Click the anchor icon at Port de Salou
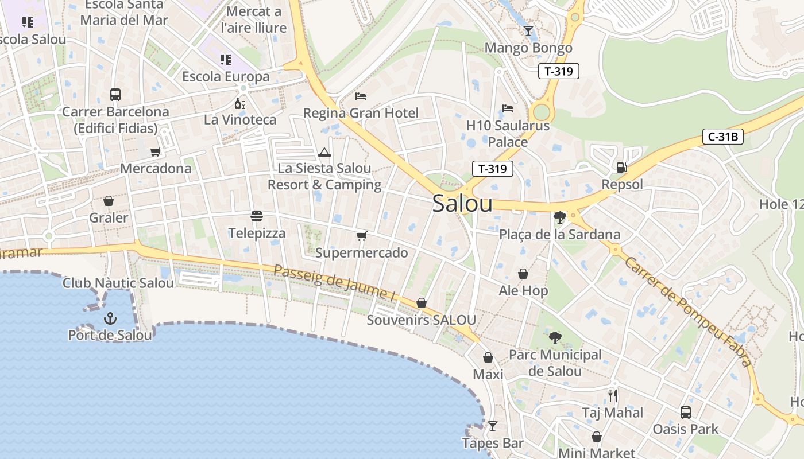110,318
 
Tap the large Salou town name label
462,203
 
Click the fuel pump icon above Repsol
621,168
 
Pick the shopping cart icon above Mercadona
155,152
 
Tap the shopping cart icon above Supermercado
361,236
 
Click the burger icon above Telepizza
257,216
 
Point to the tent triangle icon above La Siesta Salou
324,152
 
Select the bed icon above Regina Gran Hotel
361,96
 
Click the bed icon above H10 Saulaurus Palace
508,108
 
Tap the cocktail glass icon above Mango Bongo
528,31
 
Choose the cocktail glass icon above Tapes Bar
492,426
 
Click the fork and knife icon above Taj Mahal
612,395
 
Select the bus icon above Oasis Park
685,412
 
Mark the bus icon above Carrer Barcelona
115,95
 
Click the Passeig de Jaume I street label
335,283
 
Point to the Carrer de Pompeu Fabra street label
687,312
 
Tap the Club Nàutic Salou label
118,283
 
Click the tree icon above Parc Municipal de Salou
555,337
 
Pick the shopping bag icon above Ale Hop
523,274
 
